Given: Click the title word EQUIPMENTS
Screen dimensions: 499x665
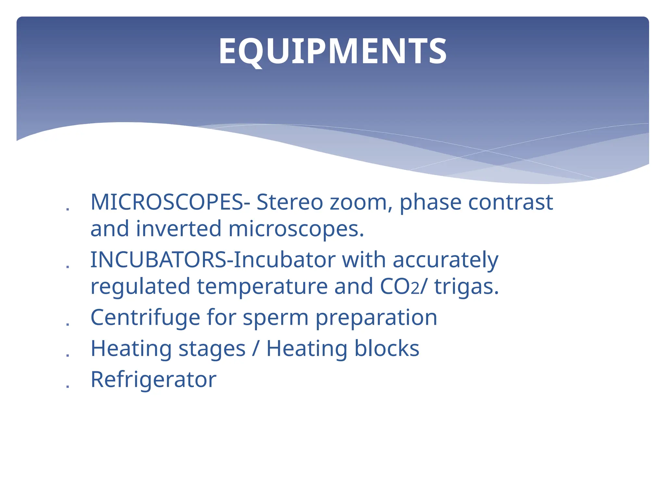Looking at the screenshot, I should tap(332, 51).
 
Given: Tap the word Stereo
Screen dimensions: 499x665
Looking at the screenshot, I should tap(290, 202).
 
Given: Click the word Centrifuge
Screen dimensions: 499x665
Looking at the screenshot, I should tap(145, 317).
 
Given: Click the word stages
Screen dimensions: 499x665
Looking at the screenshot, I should tap(212, 349).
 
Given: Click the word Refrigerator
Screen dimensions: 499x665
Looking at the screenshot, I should tap(153, 379).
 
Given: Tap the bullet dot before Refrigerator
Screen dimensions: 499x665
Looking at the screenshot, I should tap(68, 387).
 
